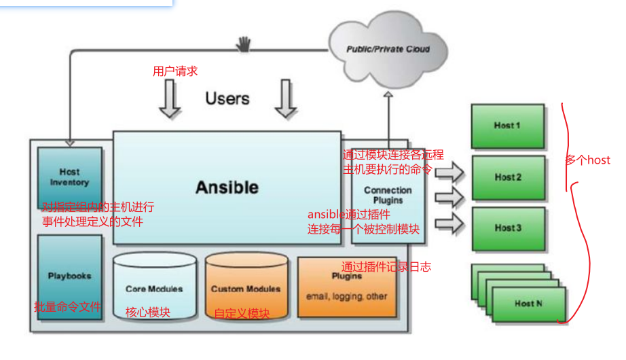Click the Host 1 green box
[x=507, y=126]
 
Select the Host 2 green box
[x=508, y=177]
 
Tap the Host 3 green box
[x=508, y=228]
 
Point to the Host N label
[x=528, y=304]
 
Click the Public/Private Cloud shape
[x=388, y=49]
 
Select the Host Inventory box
[x=69, y=177]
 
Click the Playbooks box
[x=69, y=276]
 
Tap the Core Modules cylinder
[x=154, y=289]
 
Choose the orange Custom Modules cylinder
[x=246, y=289]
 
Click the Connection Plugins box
[x=388, y=195]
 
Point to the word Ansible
[x=227, y=187]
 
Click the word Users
[x=227, y=98]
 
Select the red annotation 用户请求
[x=174, y=71]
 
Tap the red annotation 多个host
[x=587, y=160]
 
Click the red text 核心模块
[x=147, y=312]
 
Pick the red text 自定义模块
[x=242, y=314]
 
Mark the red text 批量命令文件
[x=67, y=307]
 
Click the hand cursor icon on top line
[x=243, y=44]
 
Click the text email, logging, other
[x=346, y=297]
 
